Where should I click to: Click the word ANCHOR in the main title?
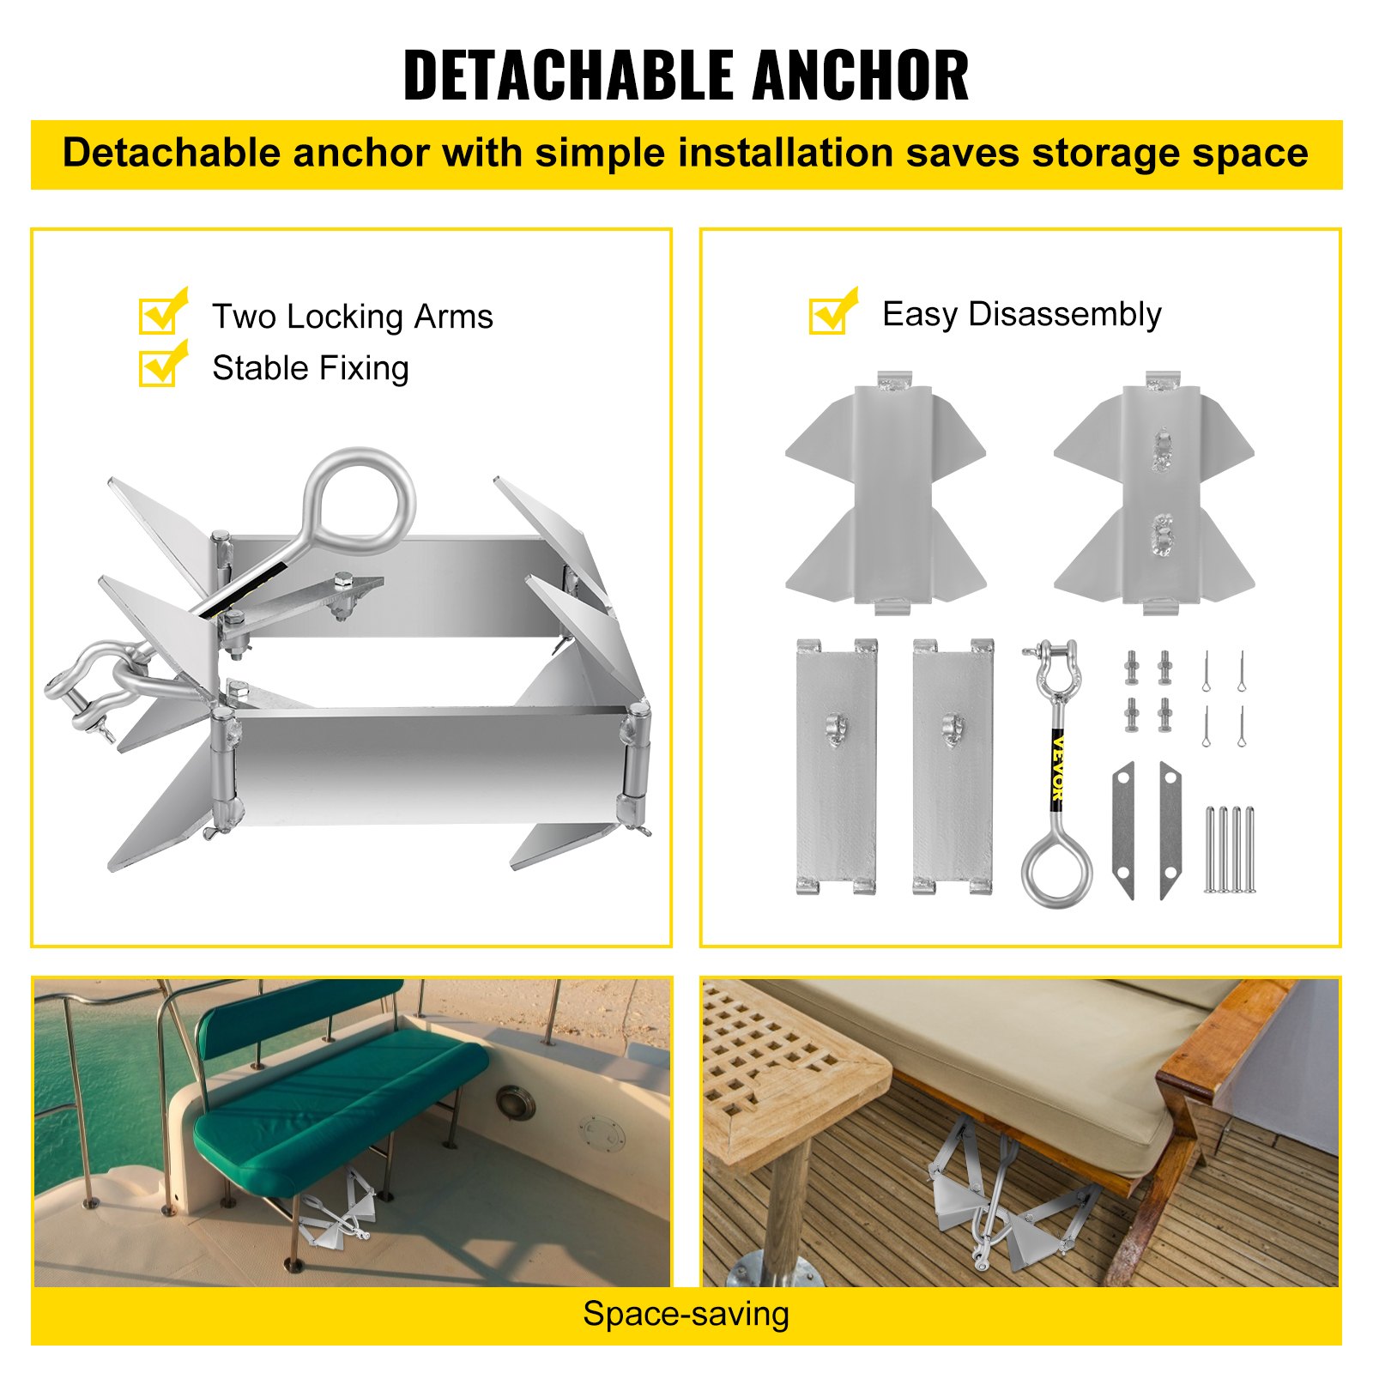point(861,76)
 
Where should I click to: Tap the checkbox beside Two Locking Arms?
point(160,315)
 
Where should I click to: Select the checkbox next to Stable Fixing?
point(160,367)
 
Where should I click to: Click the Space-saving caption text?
point(686,1314)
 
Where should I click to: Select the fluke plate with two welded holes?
point(1154,493)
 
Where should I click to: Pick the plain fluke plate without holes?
point(885,493)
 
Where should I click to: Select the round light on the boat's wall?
point(515,1101)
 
